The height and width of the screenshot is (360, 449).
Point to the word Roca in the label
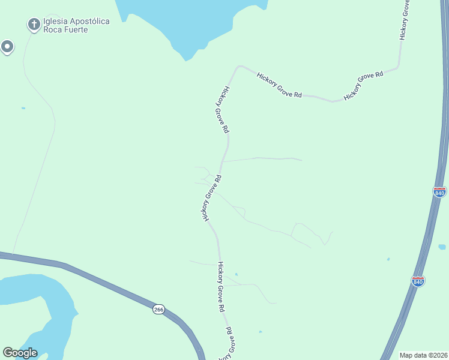pos(53,29)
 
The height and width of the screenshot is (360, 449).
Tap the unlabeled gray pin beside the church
pos(7,46)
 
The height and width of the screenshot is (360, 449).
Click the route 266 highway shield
pos(158,309)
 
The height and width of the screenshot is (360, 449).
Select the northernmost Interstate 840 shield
pos(439,192)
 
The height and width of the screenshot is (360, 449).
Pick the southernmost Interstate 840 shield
pos(418,281)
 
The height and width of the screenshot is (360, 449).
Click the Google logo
pos(20,353)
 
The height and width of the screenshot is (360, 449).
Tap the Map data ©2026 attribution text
pos(423,355)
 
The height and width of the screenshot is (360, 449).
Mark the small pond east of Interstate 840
pos(442,247)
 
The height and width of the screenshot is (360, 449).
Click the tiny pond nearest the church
pos(23,108)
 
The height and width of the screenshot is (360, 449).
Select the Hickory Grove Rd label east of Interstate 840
pos(406,21)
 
